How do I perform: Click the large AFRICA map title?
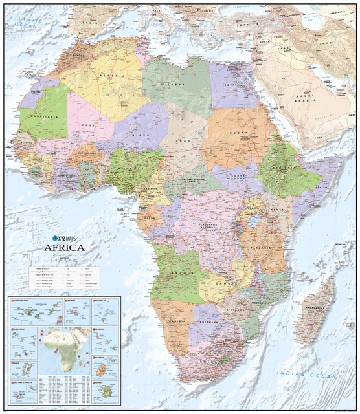click(64, 246)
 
